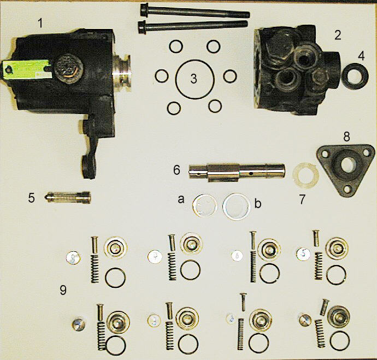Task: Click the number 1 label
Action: click(x=40, y=23)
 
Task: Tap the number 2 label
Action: click(x=338, y=36)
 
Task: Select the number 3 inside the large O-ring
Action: click(x=193, y=79)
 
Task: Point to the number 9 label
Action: click(x=63, y=290)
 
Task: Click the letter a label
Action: click(x=181, y=199)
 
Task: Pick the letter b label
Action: click(x=258, y=204)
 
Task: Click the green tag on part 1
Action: click(x=26, y=70)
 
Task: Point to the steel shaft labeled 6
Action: click(x=237, y=173)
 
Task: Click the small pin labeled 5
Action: click(x=68, y=198)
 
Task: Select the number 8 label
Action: click(x=346, y=137)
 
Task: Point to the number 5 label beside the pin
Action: click(x=31, y=198)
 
